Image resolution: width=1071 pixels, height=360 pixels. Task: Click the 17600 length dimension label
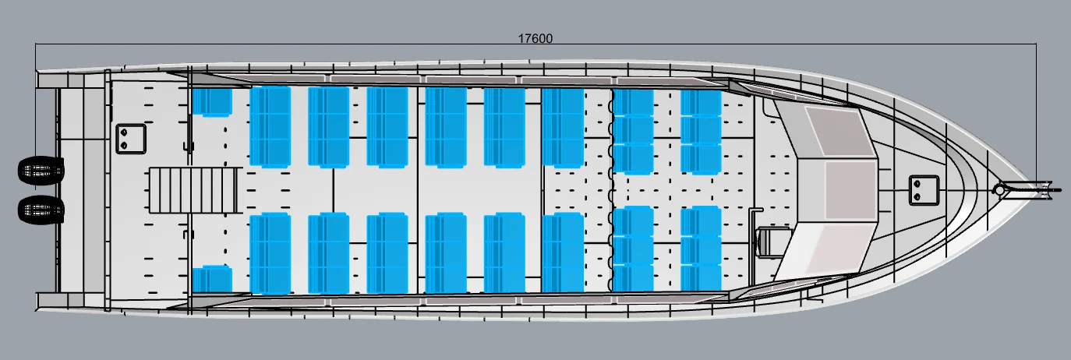click(x=535, y=37)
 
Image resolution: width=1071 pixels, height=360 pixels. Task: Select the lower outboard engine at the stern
click(x=41, y=209)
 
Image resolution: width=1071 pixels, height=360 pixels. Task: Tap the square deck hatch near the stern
click(x=131, y=139)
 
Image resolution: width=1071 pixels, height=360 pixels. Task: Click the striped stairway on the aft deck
click(x=193, y=189)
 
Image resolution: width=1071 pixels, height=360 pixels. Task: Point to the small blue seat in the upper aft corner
click(x=212, y=102)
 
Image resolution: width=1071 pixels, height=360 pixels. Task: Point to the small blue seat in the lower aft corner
click(x=212, y=279)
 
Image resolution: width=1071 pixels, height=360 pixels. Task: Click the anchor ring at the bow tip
click(x=999, y=189)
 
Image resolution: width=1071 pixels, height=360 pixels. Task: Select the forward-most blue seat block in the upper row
click(x=701, y=132)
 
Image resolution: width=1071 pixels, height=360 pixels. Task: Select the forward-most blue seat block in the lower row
click(x=701, y=249)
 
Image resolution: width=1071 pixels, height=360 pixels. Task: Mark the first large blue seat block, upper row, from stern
click(x=270, y=126)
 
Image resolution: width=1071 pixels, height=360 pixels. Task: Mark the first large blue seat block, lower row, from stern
click(x=270, y=253)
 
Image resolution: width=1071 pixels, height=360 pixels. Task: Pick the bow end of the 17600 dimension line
click(x=1035, y=47)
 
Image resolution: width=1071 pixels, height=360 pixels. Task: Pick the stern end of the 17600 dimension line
click(x=36, y=47)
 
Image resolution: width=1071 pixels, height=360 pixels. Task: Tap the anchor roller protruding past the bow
click(x=1037, y=188)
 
